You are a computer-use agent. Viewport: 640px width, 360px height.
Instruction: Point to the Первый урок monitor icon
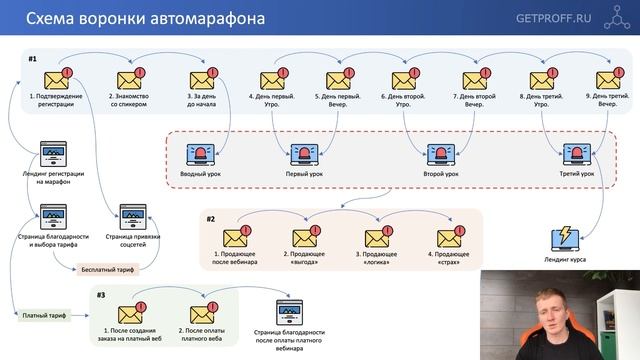tap(303, 155)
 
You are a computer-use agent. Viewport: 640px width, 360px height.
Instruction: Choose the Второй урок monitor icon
tap(441, 155)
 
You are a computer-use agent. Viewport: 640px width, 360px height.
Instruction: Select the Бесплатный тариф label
tap(105, 269)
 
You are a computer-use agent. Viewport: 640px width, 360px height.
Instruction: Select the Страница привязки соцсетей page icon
tap(132, 218)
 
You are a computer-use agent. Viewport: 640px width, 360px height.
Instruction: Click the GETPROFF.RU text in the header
tap(553, 18)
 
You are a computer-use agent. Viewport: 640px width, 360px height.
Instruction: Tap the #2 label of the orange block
tap(211, 218)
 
